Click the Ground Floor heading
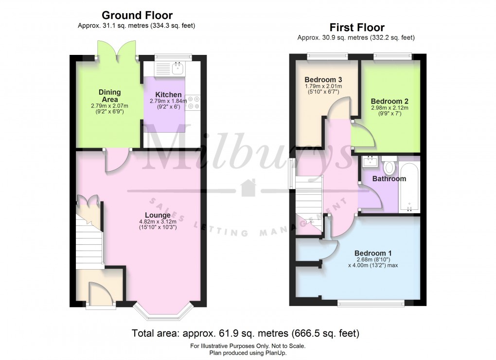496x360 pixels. tap(137, 16)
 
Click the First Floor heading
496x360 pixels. tap(356, 27)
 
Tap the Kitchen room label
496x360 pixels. tap(168, 95)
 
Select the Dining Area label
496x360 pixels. tap(109, 96)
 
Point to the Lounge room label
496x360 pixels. tap(158, 215)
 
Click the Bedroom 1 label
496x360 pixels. tap(372, 253)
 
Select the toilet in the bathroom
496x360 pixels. tap(389, 167)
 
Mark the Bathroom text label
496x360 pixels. tap(389, 179)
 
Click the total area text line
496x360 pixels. tap(246, 334)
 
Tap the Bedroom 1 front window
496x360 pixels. tap(371, 304)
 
